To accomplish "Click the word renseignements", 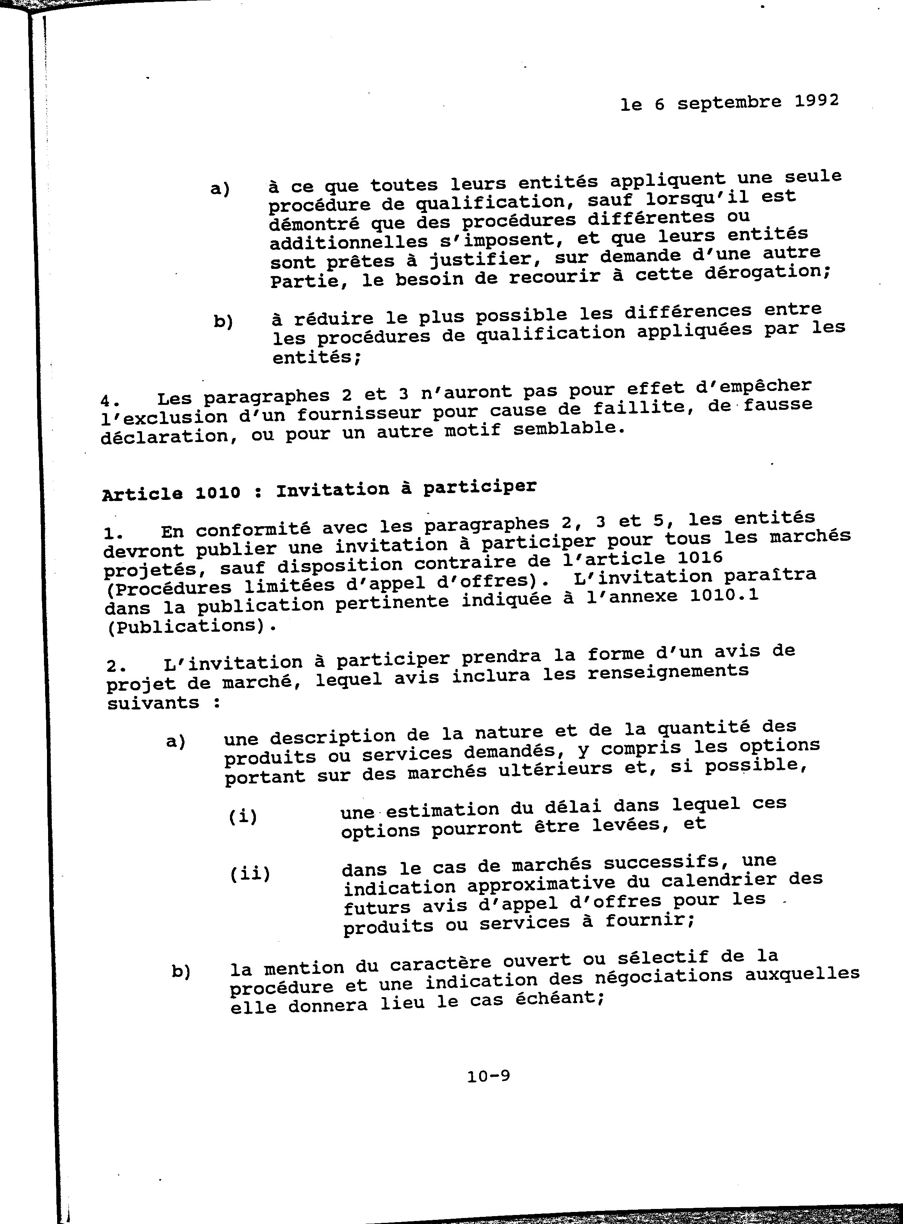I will (x=668, y=671).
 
